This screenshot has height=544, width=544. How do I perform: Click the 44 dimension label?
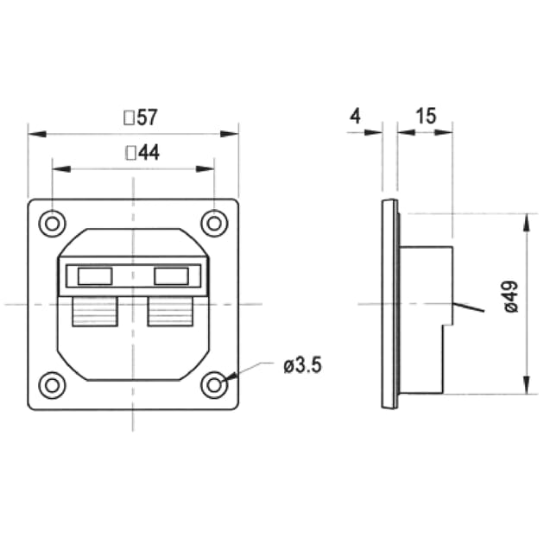tap(148, 153)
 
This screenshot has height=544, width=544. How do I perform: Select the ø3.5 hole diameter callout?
tap(302, 365)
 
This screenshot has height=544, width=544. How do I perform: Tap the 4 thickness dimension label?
tap(355, 116)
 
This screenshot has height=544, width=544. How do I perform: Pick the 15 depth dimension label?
tap(425, 116)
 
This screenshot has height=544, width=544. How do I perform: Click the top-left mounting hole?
tap(53, 224)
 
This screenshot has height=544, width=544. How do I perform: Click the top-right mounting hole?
tap(213, 224)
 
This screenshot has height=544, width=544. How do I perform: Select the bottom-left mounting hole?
tap(53, 385)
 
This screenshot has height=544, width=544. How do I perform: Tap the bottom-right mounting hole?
tap(213, 385)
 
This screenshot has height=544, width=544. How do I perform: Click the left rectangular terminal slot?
tap(94, 276)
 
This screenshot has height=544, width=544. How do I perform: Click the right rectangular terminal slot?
tap(171, 276)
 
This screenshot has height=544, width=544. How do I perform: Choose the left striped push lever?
tap(94, 311)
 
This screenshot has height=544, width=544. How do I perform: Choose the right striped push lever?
tap(169, 311)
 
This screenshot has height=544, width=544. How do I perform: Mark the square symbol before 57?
tap(130, 116)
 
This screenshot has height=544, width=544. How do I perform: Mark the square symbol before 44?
tap(131, 153)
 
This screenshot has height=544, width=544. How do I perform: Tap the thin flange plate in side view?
tap(389, 303)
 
